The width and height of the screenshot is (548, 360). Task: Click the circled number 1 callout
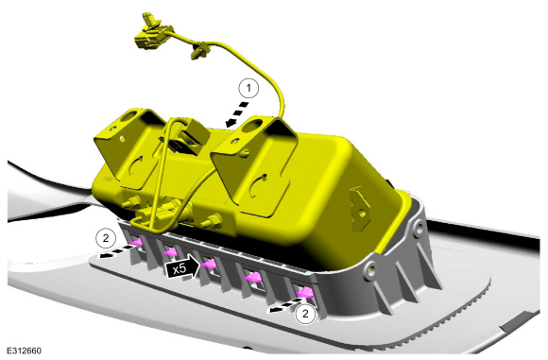tap(248, 89)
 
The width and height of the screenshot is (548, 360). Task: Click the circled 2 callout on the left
tap(106, 238)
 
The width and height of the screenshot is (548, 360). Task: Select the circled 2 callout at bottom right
tap(305, 314)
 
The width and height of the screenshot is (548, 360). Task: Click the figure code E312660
tap(25, 351)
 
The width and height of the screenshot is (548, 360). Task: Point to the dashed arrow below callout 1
tap(238, 114)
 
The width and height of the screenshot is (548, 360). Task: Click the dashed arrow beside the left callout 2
tap(117, 251)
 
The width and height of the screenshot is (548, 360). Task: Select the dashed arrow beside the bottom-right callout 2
tap(283, 307)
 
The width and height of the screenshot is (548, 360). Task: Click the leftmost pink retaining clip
tap(136, 242)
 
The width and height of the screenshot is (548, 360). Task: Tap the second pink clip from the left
tap(171, 252)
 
